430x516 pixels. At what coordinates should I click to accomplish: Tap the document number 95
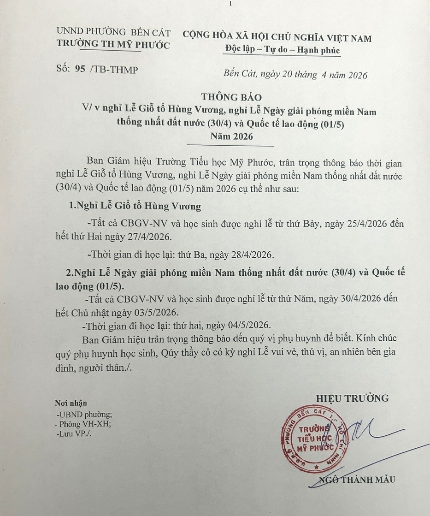[79, 69]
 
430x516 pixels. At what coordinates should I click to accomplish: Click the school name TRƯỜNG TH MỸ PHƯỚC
[113, 45]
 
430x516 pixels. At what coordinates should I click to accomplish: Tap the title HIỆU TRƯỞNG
[352, 398]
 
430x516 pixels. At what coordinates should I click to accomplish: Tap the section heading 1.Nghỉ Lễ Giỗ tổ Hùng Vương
[135, 206]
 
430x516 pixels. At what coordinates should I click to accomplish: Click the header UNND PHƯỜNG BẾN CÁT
[113, 32]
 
